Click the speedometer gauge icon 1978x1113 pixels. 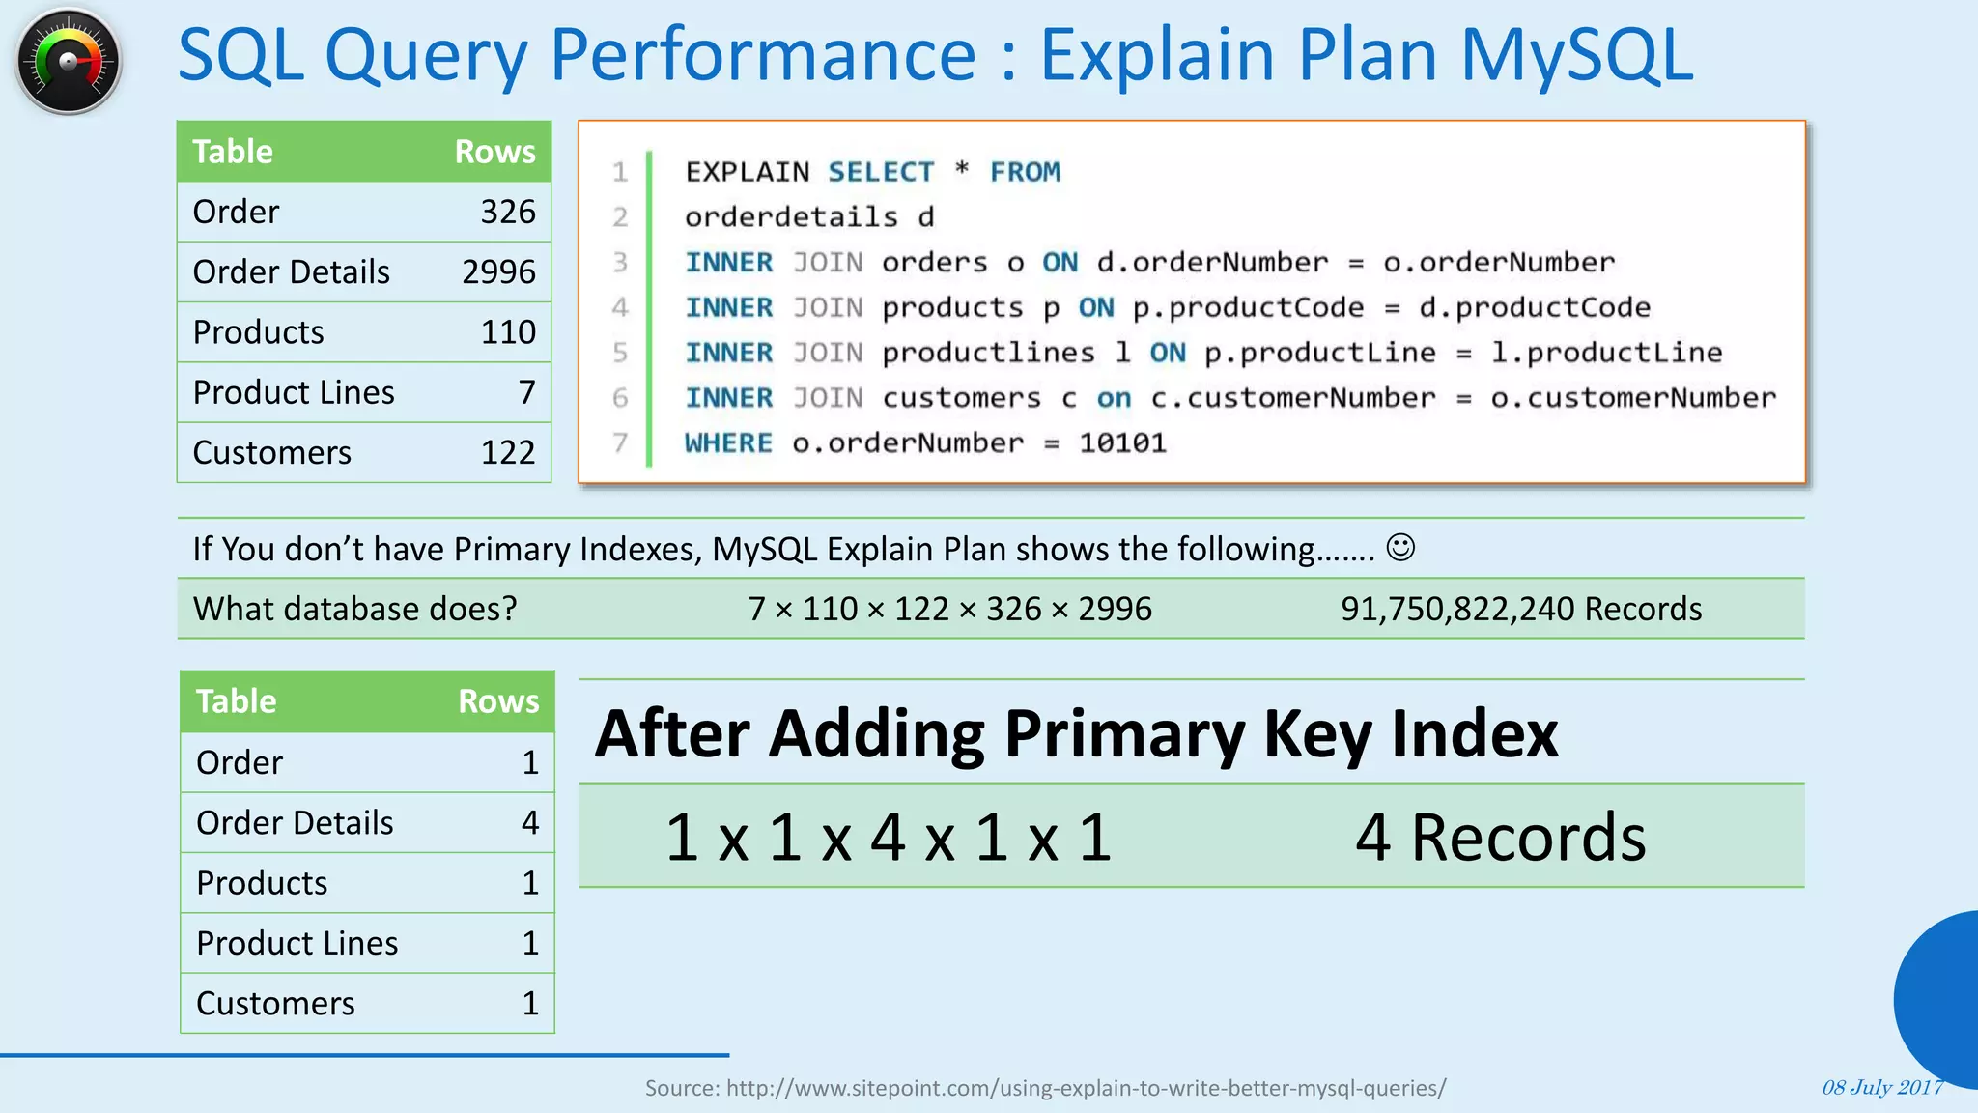pyautogui.click(x=68, y=61)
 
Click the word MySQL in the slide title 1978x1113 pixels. pyautogui.click(x=1576, y=55)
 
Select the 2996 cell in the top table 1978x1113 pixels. pyautogui.click(x=498, y=272)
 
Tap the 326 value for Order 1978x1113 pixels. pyautogui.click(x=508, y=212)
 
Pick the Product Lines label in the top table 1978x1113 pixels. pyautogui.click(x=294, y=392)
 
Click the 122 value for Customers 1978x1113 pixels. pyautogui.click(x=508, y=452)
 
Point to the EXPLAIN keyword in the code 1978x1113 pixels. pyautogui.click(x=747, y=172)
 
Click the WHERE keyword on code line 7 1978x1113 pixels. pyautogui.click(x=728, y=443)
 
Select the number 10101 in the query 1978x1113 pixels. pyautogui.click(x=1122, y=443)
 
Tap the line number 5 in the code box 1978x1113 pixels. pyautogui.click(x=620, y=353)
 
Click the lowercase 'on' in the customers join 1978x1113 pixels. pyautogui.click(x=1114, y=398)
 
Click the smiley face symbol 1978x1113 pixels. pyautogui.click(x=1400, y=548)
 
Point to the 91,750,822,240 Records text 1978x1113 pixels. pyautogui.click(x=1520, y=609)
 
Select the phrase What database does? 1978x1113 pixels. pyautogui.click(x=355, y=609)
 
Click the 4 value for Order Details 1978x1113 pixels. pyautogui.click(x=530, y=822)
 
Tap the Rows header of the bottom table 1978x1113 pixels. pyautogui.click(x=498, y=701)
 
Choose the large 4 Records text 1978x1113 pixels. pyautogui.click(x=1500, y=837)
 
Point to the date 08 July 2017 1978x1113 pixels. pyautogui.click(x=1881, y=1087)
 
